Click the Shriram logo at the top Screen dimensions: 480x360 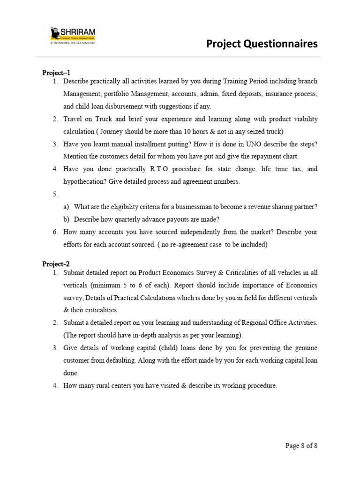tap(72, 34)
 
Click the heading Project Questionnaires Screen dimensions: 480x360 tap(262, 44)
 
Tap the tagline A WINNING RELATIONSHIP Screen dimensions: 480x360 tap(72, 42)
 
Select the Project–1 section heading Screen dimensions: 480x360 tap(56, 73)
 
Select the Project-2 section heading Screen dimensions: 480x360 tap(56, 264)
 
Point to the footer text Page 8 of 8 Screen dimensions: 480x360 tap(301, 445)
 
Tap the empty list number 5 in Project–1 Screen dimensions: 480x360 tap(55, 194)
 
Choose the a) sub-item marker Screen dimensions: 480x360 tap(66, 207)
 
